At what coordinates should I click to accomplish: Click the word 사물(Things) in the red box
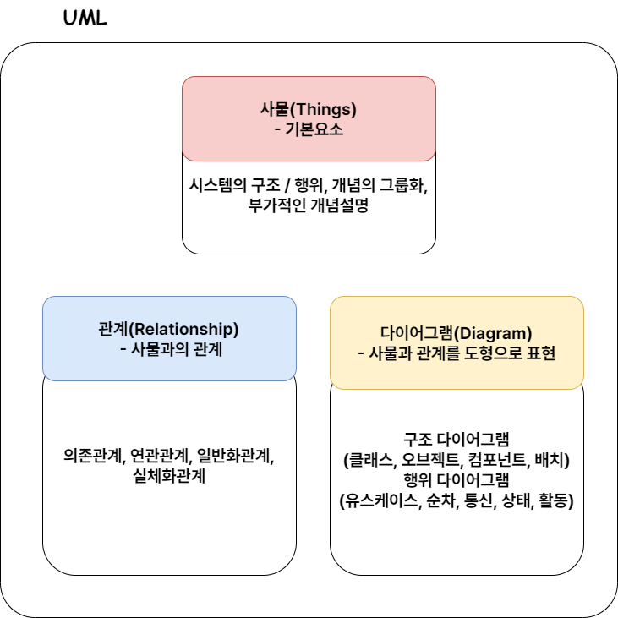coord(309,109)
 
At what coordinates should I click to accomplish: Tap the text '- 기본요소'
coord(309,130)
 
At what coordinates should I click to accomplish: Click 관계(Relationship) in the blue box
coord(169,329)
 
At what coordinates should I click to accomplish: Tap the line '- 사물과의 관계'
coord(169,348)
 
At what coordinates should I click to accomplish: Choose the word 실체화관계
coord(169,475)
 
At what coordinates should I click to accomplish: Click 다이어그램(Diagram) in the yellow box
coord(457,333)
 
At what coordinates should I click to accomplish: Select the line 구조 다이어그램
coord(457,440)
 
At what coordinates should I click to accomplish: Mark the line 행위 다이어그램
coord(457,481)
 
